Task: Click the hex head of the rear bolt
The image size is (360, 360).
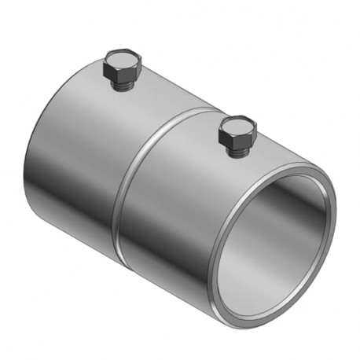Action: [123, 68]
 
